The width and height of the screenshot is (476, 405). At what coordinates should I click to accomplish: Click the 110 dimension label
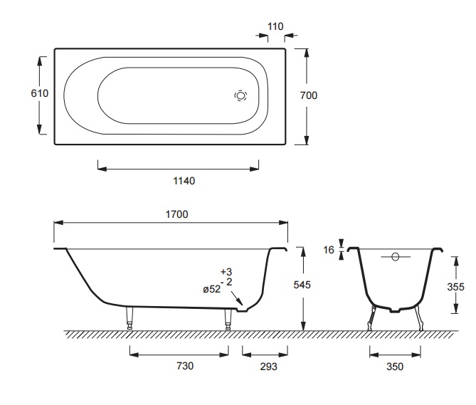(x=275, y=26)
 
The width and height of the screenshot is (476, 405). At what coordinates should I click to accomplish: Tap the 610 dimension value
(x=39, y=93)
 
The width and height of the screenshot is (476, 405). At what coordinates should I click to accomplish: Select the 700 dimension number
(x=308, y=95)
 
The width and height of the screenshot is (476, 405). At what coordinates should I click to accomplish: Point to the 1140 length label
(x=184, y=181)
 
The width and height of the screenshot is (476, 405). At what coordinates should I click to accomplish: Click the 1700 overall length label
(x=176, y=214)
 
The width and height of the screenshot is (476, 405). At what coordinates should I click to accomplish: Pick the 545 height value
(x=302, y=285)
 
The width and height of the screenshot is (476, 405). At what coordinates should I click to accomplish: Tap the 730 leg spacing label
(x=185, y=366)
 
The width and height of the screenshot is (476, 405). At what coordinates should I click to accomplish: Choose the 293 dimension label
(x=269, y=367)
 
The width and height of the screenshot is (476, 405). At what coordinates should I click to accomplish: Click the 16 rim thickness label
(x=329, y=250)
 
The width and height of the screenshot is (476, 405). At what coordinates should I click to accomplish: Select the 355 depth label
(x=455, y=287)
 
